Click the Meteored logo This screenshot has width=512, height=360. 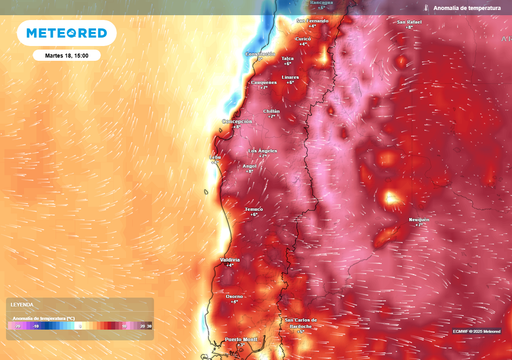tap(67, 33)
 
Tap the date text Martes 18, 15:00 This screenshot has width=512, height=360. tap(67, 56)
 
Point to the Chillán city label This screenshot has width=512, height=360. tap(272, 111)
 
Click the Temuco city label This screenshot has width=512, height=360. tap(254, 209)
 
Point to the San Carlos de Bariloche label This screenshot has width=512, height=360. tap(300, 322)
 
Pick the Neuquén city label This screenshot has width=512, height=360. tap(420, 219)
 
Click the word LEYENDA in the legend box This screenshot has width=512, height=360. tap(22, 304)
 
